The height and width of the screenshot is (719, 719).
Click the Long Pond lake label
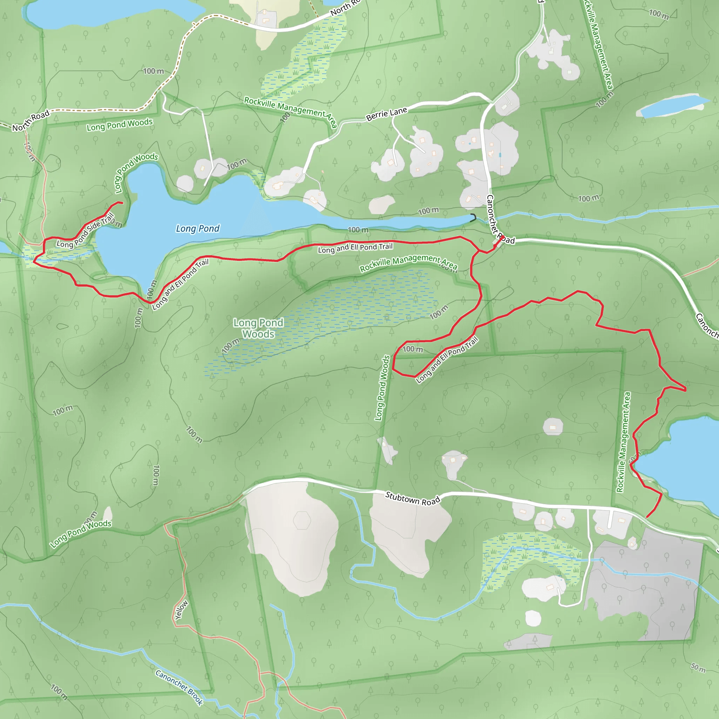(x=198, y=229)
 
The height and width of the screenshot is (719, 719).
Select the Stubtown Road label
(x=413, y=499)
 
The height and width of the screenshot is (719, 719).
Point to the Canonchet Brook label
(x=179, y=687)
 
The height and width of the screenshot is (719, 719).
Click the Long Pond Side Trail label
(x=85, y=231)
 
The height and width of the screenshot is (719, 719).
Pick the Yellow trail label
(x=182, y=610)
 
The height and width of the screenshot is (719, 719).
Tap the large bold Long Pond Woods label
(x=258, y=328)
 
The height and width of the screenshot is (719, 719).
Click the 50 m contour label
(x=698, y=668)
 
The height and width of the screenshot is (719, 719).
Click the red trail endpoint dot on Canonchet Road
(x=502, y=237)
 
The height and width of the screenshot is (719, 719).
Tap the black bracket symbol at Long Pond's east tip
(x=473, y=218)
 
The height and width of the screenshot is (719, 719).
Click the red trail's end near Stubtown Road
(x=647, y=517)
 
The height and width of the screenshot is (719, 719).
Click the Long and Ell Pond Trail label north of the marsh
(x=355, y=248)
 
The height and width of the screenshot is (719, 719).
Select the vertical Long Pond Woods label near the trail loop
(x=382, y=388)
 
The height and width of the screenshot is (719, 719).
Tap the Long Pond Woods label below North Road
(x=119, y=125)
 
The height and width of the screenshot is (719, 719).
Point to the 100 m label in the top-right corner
(x=659, y=14)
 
